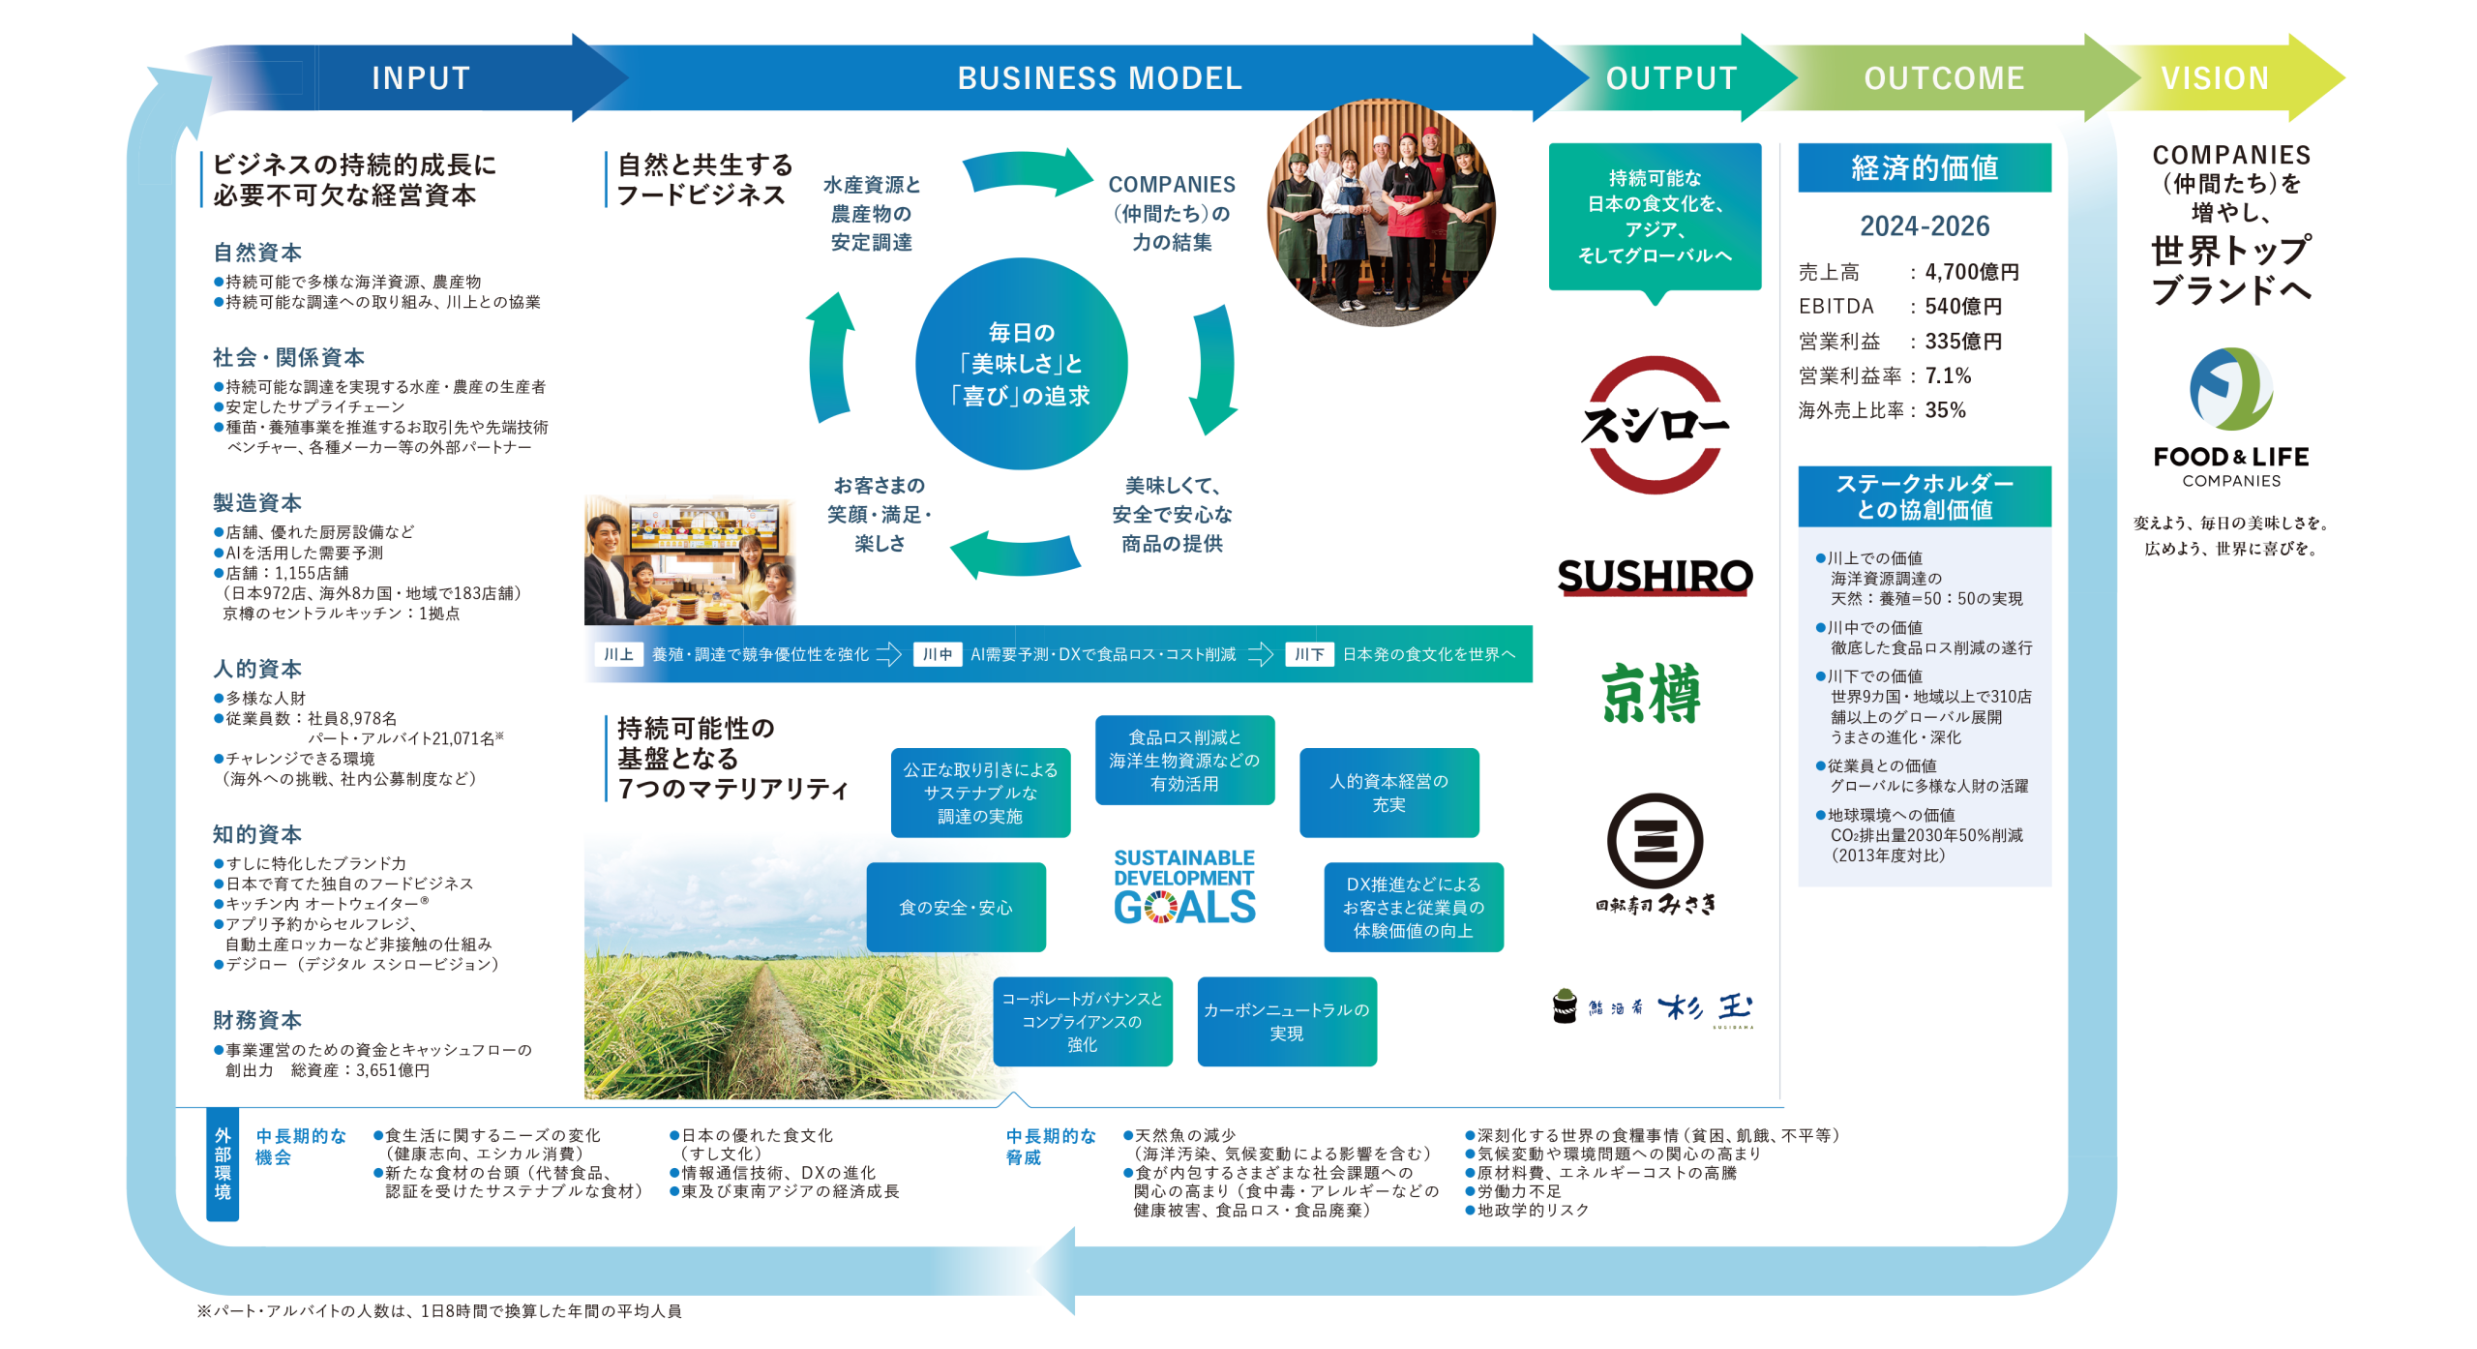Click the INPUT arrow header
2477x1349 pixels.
(x=421, y=78)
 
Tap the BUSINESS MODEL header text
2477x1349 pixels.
(x=1099, y=78)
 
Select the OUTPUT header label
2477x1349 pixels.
(x=1671, y=78)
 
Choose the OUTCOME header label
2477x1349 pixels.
(x=1944, y=78)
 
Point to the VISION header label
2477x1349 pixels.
(x=2215, y=78)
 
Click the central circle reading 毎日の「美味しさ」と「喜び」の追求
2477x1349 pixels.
(x=1022, y=364)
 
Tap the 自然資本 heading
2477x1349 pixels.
(x=257, y=253)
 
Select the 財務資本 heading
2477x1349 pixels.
(x=257, y=1020)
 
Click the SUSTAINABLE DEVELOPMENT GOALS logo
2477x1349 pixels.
(x=1184, y=887)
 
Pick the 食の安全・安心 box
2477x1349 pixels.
(x=956, y=908)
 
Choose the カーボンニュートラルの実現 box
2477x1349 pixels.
(x=1286, y=1022)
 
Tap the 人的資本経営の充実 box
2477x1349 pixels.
(x=1388, y=793)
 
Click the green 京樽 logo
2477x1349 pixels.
(x=1653, y=694)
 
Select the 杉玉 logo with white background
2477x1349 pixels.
(x=1655, y=1009)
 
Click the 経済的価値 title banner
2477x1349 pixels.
(x=1924, y=168)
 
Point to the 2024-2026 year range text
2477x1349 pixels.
(x=1924, y=226)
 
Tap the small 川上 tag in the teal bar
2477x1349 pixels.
(x=618, y=655)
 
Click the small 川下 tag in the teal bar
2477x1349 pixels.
(x=1309, y=655)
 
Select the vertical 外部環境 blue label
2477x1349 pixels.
(x=223, y=1164)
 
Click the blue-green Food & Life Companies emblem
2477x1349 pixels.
(x=2231, y=389)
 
